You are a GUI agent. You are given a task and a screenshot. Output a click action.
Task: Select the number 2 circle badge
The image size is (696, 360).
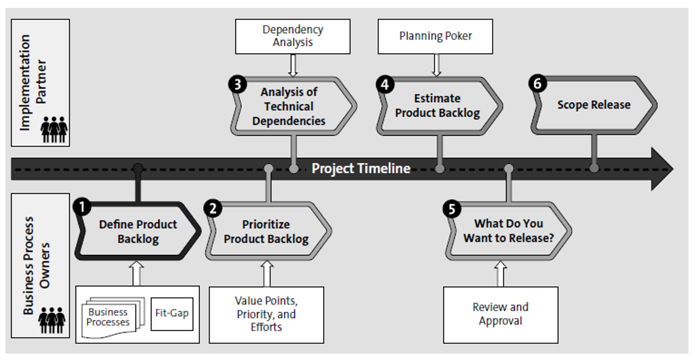(x=213, y=208)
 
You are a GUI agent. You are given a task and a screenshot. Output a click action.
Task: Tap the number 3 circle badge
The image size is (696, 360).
(x=236, y=83)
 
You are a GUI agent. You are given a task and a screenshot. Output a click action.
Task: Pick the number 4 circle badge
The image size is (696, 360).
(x=383, y=83)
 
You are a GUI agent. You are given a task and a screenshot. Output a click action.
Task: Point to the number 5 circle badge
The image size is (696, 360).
(x=451, y=209)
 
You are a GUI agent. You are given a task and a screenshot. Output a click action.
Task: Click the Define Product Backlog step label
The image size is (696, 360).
(x=138, y=231)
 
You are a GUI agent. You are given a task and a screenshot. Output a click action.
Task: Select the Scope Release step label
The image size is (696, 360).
(x=593, y=105)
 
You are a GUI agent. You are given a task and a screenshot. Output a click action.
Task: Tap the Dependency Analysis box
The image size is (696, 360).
(x=293, y=36)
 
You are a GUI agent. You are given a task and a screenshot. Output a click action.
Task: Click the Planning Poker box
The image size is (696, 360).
(x=435, y=36)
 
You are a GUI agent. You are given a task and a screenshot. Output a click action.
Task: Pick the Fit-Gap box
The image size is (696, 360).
(x=171, y=314)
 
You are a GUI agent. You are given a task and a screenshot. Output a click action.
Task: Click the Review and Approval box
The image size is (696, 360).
(x=500, y=314)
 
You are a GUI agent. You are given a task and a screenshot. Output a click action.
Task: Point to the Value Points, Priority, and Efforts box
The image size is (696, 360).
(x=266, y=314)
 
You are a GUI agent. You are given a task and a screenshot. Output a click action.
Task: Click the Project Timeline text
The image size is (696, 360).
(x=361, y=169)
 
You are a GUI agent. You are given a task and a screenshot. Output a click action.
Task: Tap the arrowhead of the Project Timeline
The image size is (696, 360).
(x=662, y=169)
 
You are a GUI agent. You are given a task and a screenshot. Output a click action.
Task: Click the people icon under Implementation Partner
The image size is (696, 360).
(x=54, y=130)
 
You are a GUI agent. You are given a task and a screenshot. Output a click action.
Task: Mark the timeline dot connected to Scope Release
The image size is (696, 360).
(x=594, y=168)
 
